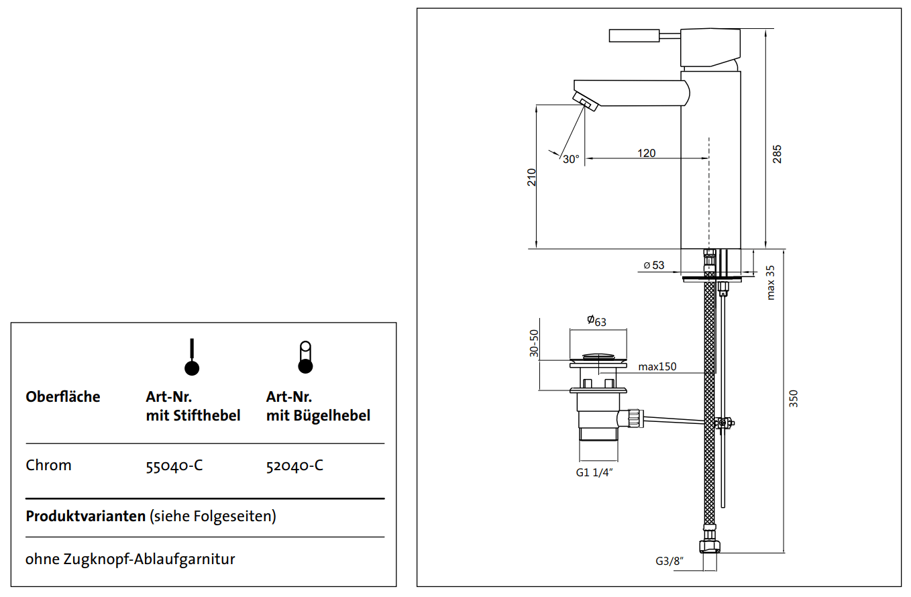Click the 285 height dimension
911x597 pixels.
pyautogui.click(x=778, y=154)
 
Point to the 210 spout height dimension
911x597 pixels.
pyautogui.click(x=531, y=176)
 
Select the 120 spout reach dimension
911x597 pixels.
pyautogui.click(x=646, y=153)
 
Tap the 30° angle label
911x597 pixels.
pyautogui.click(x=571, y=160)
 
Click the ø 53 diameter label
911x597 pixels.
pyautogui.click(x=653, y=265)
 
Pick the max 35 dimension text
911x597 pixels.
pyautogui.click(x=771, y=282)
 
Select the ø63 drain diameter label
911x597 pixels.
pyautogui.click(x=596, y=321)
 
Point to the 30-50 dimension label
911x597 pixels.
pyautogui.click(x=535, y=343)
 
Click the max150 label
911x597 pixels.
pyautogui.click(x=657, y=366)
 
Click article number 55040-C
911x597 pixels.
pyautogui.click(x=174, y=466)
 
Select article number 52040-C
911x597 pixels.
pyautogui.click(x=294, y=466)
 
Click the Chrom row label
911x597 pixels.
pyautogui.click(x=48, y=466)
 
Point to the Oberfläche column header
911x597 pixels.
pyautogui.click(x=63, y=396)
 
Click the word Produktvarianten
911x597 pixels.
pyautogui.click(x=85, y=517)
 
